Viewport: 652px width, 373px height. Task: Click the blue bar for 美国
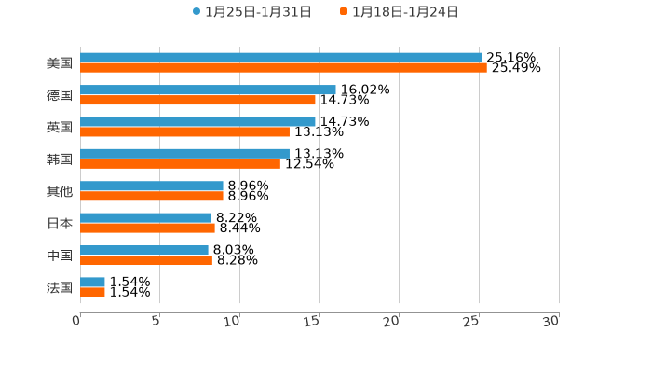tap(280, 58)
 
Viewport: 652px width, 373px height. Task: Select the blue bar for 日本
tap(145, 217)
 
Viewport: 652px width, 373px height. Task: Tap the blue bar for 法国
tap(92, 282)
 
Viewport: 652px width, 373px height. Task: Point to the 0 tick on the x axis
tap(77, 321)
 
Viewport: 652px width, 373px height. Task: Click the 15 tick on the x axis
tap(314, 321)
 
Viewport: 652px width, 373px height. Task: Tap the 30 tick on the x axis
tap(552, 321)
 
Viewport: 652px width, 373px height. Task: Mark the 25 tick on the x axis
tap(472, 321)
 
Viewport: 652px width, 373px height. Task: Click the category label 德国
tap(60, 95)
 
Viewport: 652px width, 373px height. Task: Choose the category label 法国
tap(60, 287)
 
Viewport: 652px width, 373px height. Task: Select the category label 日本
tap(60, 223)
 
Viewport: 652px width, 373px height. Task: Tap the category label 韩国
tap(60, 159)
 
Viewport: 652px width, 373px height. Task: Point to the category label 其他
tap(60, 191)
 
